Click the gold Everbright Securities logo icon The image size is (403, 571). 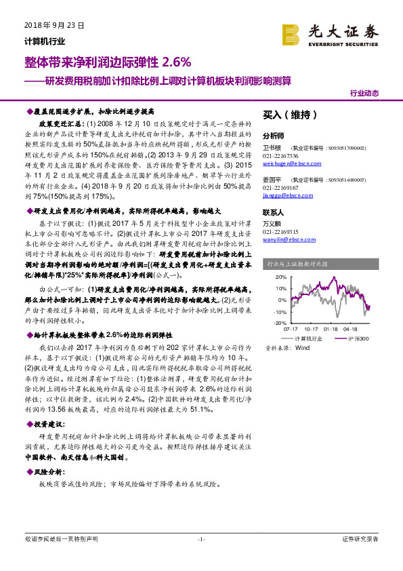click(291, 34)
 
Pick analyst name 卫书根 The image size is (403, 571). click(272, 146)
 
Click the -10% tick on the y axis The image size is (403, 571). click(279, 312)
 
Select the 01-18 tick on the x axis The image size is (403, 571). click(330, 330)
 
